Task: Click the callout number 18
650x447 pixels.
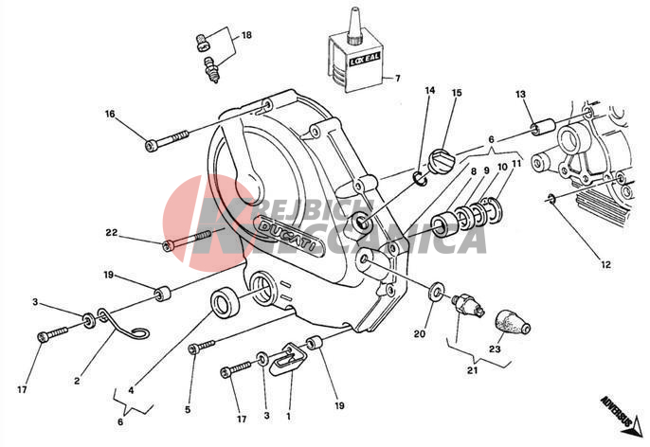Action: pos(246,36)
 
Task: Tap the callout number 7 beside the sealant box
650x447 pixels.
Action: pos(397,79)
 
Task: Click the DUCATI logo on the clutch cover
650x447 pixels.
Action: pos(289,234)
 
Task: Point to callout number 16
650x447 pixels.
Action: pos(110,114)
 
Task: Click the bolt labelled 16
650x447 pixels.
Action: pos(169,142)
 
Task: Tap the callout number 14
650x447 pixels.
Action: pos(429,91)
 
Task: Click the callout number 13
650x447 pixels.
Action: pos(520,94)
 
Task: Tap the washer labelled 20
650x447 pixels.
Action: pos(436,288)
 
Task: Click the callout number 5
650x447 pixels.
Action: pos(188,409)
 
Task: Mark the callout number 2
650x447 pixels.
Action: pos(79,382)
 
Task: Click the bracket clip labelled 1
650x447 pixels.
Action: pos(283,359)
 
